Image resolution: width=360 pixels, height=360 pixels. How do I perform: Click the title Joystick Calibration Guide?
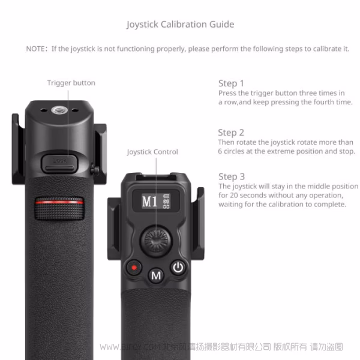tap(180, 25)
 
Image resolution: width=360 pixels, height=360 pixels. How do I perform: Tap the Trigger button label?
tap(71, 83)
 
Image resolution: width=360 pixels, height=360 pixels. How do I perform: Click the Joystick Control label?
tap(152, 152)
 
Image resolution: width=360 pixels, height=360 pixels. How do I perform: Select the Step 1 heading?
tap(231, 83)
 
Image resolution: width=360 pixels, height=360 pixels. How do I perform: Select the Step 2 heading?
tap(231, 133)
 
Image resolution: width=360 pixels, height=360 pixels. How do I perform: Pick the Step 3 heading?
tap(231, 176)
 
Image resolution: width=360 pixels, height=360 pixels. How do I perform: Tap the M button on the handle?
tap(156, 276)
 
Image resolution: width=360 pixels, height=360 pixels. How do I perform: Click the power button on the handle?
tap(177, 268)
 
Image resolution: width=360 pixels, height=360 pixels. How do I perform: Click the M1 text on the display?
tap(149, 202)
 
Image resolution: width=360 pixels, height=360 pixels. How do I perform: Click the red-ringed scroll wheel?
tap(58, 208)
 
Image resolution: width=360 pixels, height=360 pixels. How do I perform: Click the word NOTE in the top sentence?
tap(37, 49)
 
